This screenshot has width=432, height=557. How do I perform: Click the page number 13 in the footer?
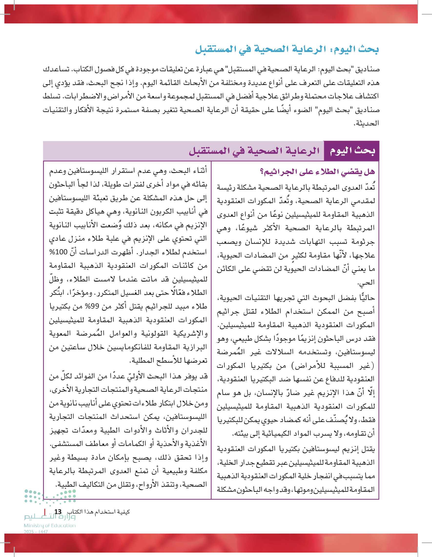pos(58,512)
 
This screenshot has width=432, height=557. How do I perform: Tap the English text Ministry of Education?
pos(50,525)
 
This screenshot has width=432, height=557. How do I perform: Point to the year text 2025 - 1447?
pos(36,532)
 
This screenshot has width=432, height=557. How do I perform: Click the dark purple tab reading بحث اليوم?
pos(352,151)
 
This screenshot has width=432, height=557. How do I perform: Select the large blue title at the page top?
pos(287,49)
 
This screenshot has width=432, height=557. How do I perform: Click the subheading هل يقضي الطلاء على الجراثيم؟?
pos(317,172)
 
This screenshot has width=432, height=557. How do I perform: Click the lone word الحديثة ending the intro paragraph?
pos(368,124)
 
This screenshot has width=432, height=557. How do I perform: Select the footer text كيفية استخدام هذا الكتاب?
pos(98,512)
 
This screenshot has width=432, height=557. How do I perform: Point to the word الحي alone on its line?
pos(366,282)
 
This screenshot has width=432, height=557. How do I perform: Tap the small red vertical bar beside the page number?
pos(45,512)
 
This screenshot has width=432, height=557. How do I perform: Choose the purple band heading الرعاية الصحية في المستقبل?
pos(254,151)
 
